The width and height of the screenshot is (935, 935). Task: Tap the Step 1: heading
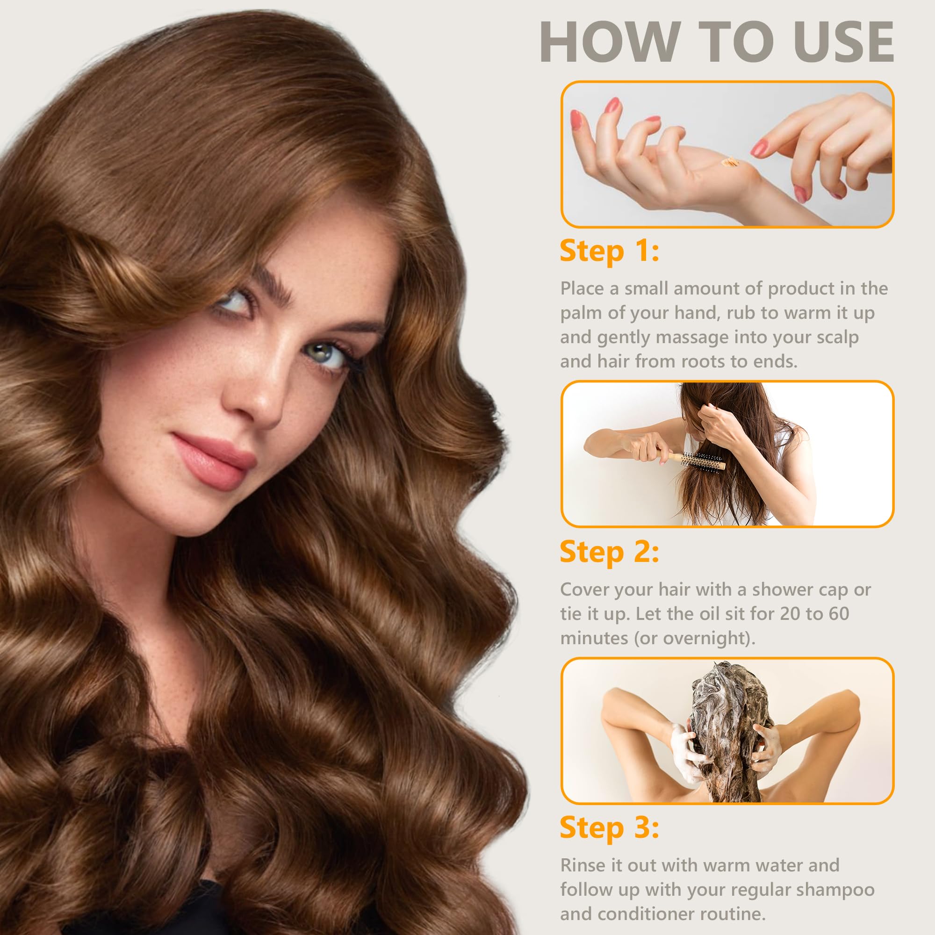609,252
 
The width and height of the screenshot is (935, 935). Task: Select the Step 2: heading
609,552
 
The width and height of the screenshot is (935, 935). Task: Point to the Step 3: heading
609,828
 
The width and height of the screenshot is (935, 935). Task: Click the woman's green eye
324,352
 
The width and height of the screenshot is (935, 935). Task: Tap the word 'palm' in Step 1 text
581,314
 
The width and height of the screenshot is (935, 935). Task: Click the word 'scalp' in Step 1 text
837,338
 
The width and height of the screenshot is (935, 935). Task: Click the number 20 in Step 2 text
790,614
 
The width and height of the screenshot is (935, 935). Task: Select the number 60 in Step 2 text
839,614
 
